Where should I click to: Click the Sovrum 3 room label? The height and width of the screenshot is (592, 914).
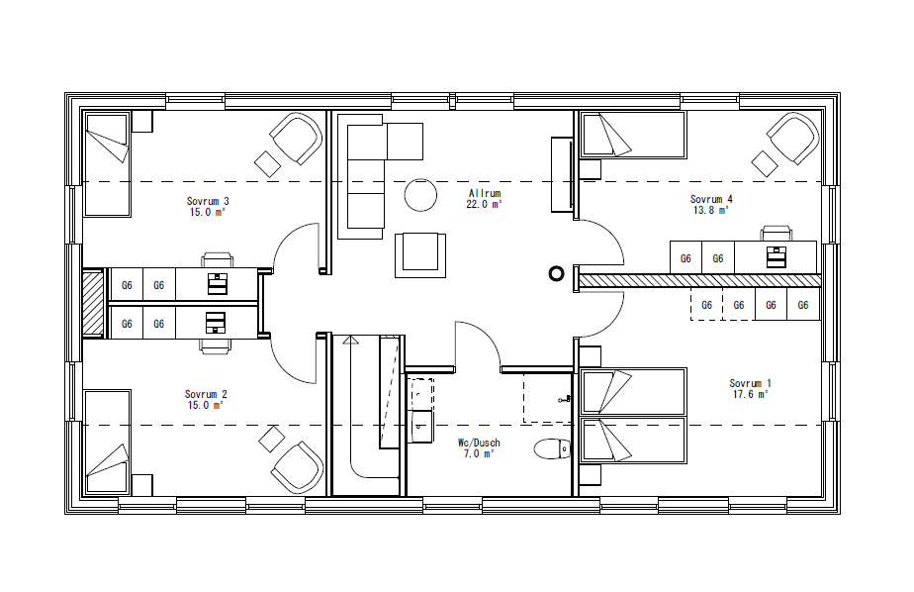click(208, 201)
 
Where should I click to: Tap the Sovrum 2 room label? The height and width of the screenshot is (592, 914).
click(207, 394)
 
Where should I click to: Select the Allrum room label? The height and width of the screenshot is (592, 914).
click(484, 194)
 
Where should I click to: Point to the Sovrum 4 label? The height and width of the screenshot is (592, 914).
click(710, 199)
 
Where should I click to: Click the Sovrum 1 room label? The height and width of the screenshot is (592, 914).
click(750, 383)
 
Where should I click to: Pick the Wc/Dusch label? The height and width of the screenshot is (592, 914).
click(478, 443)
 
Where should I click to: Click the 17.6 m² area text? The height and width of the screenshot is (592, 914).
click(750, 394)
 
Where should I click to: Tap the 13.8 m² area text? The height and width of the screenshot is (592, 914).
click(710, 210)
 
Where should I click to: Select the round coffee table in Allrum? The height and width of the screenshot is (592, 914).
click(421, 195)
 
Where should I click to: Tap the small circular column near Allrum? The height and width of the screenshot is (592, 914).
click(556, 273)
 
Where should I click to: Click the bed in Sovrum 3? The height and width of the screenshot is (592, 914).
click(107, 164)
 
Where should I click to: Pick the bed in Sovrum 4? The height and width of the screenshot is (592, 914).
click(633, 135)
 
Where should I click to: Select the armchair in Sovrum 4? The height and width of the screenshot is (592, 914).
click(793, 138)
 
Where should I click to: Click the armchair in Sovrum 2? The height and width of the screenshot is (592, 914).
click(297, 466)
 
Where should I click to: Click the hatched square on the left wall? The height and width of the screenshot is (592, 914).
click(93, 302)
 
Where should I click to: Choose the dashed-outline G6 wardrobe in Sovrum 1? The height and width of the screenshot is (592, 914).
click(706, 305)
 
